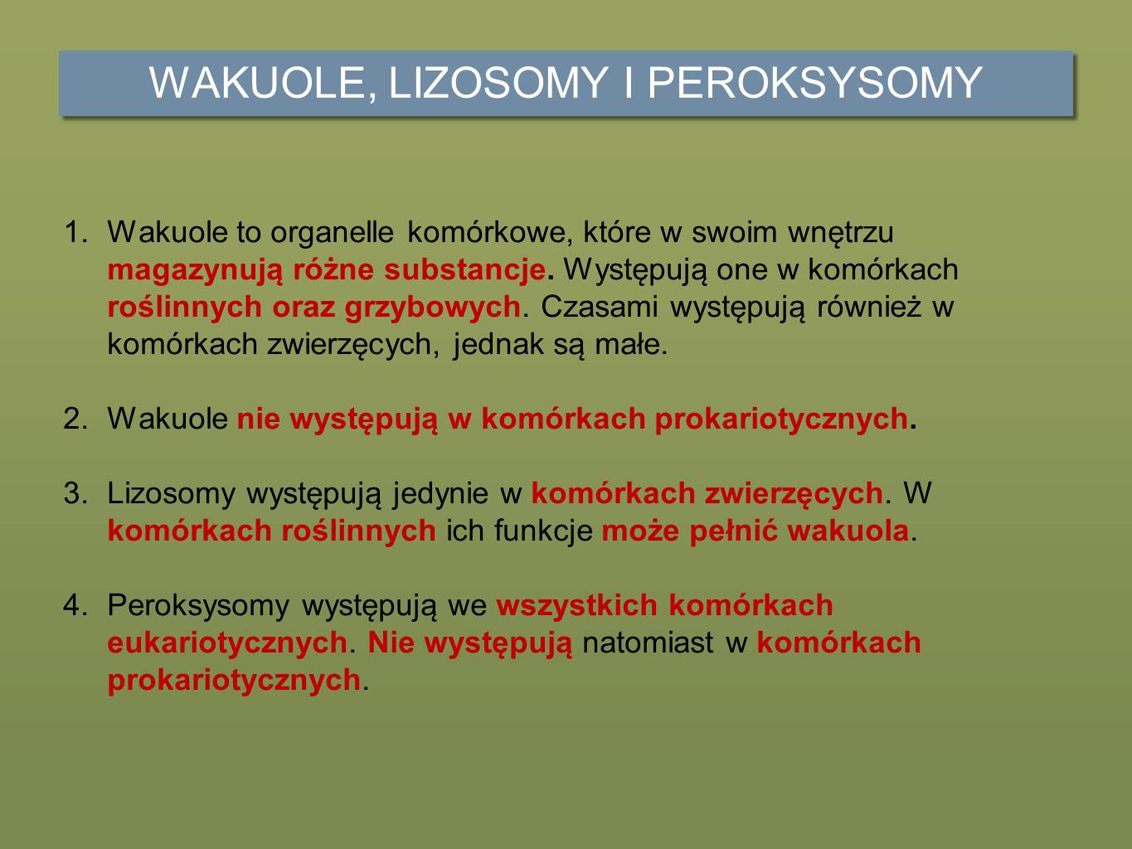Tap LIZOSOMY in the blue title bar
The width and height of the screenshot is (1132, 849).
498,82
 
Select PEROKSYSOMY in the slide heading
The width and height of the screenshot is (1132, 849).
814,82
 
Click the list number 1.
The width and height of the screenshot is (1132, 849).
75,232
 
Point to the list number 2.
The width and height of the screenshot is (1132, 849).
75,418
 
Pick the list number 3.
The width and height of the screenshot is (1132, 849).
75,492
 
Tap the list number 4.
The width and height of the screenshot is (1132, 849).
75,604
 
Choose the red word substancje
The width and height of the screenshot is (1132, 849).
465,269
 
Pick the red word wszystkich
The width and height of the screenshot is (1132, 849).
577,605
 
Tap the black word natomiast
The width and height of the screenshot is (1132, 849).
648,643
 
